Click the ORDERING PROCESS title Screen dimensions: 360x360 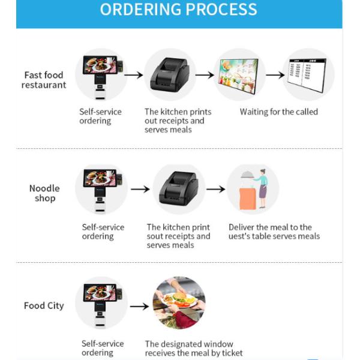(x=178, y=10)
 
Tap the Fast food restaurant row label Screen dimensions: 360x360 (x=44, y=80)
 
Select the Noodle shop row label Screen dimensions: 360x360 (x=44, y=193)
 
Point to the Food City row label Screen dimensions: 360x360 (x=43, y=305)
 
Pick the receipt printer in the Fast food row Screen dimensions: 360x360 (x=170, y=74)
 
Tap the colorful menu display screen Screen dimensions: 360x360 (x=239, y=74)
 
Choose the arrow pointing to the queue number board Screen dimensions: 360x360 (x=275, y=75)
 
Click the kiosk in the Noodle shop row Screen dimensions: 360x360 (x=101, y=189)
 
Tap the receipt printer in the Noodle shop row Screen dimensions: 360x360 (x=178, y=189)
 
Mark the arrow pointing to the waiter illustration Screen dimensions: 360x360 (x=215, y=189)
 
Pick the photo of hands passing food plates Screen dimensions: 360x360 (x=178, y=303)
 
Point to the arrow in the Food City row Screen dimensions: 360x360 (x=139, y=306)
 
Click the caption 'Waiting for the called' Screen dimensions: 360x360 (x=278, y=112)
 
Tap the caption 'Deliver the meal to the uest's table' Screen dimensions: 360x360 (x=274, y=232)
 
